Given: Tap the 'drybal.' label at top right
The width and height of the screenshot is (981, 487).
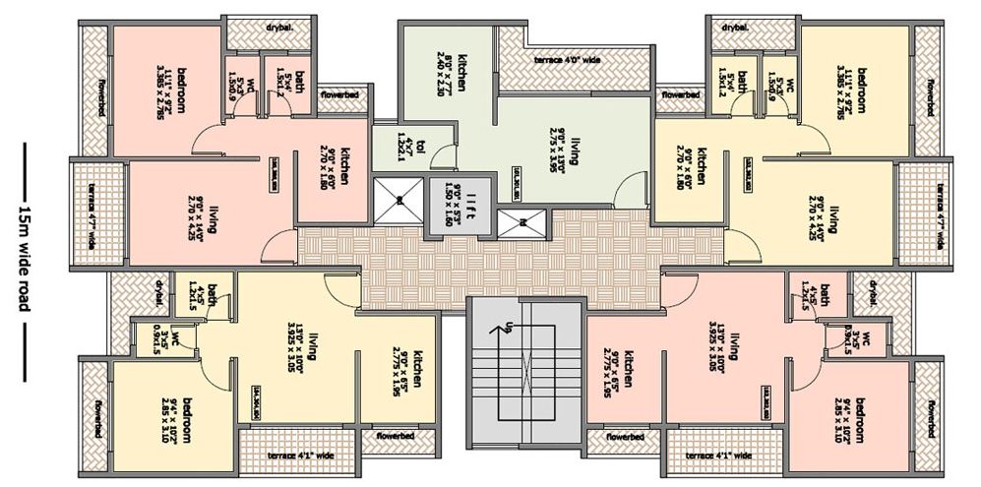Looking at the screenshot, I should [x=734, y=28].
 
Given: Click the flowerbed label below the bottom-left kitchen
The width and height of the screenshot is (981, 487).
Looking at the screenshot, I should [x=389, y=436].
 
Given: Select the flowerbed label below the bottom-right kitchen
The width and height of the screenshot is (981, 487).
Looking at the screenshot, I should [x=624, y=436].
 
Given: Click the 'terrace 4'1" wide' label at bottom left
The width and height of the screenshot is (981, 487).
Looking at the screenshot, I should [x=300, y=456].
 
